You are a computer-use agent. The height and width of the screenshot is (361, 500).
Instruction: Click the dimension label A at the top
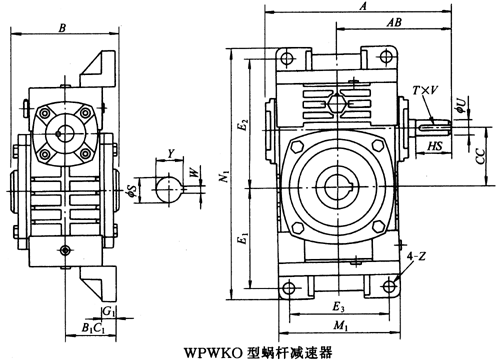364,6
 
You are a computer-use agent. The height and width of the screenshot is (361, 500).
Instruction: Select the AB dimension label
394,22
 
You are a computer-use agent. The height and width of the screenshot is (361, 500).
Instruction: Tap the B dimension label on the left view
62,28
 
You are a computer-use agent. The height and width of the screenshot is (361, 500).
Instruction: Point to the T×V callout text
425,90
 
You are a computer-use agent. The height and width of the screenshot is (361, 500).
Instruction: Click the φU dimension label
460,105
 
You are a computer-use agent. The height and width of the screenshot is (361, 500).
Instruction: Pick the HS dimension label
435,146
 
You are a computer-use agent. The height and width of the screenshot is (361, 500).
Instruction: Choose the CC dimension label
480,157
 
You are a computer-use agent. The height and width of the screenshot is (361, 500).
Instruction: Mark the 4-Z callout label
416,256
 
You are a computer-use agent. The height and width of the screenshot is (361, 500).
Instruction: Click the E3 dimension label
338,307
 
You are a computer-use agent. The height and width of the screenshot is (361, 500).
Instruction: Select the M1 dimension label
341,325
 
